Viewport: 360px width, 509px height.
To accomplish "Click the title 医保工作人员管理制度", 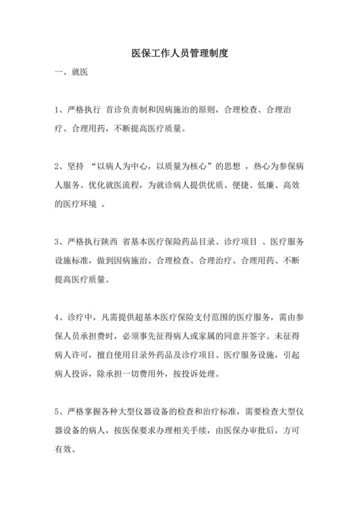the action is coord(179,54).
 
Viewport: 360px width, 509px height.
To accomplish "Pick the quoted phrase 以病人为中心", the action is coord(134,166).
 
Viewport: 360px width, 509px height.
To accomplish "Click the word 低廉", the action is coord(268,185).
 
